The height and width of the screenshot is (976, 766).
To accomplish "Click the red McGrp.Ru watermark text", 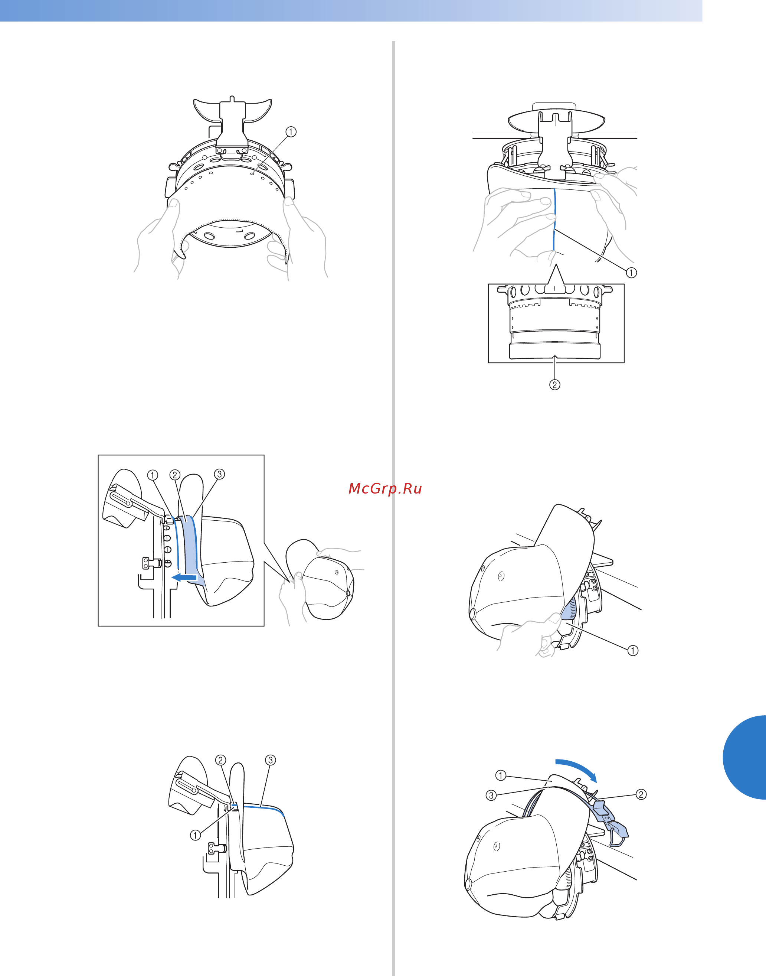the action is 385,489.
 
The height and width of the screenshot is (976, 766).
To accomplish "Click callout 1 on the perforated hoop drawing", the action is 291,132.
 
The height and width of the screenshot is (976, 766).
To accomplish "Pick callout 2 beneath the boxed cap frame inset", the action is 555,384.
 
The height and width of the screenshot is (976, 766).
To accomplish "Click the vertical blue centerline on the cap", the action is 554,219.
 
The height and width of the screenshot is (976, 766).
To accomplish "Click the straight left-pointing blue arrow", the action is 184,577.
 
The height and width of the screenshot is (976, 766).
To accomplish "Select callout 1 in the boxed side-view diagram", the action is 153,475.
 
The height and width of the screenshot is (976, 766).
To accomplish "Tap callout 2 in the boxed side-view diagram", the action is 175,475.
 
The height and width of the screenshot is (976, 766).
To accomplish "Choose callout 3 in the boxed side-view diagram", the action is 219,474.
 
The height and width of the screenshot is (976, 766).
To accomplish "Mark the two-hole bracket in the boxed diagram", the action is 146,563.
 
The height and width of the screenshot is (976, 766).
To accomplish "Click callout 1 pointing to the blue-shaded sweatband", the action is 632,650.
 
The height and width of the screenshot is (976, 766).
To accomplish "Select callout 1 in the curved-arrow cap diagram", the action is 501,775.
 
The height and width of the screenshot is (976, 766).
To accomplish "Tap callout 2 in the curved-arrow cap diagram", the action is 641,794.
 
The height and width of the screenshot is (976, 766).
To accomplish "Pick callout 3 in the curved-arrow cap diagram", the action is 491,795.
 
